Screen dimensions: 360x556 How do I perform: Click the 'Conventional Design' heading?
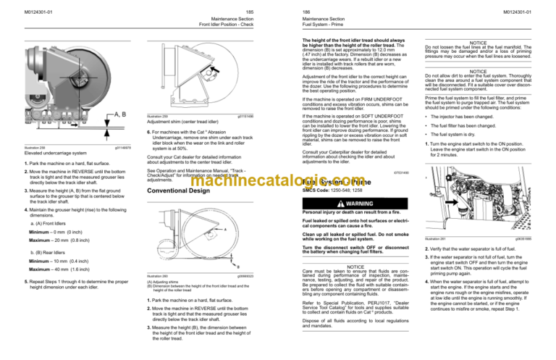(x=176, y=192)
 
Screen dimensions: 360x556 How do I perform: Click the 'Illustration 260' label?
(x=157, y=276)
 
